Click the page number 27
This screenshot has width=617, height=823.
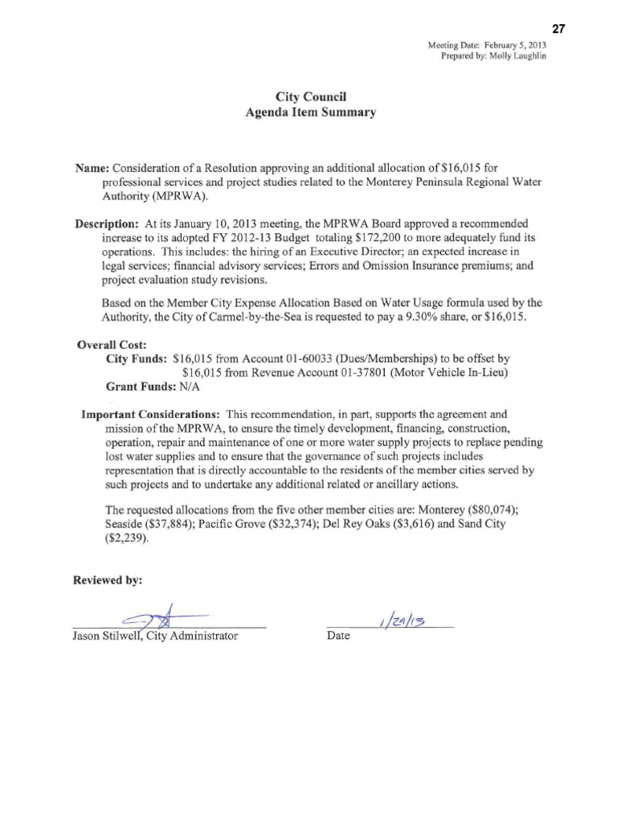tap(559, 29)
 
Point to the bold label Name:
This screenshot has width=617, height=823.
tap(92, 169)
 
